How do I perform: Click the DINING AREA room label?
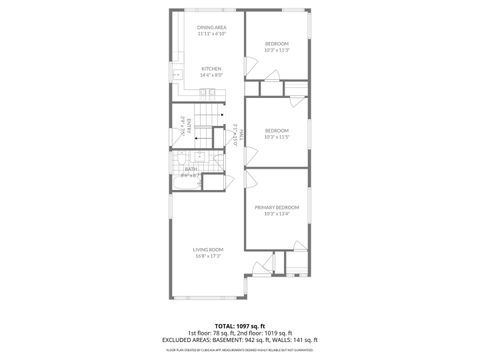click(x=211, y=27)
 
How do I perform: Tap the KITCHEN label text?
click(x=211, y=68)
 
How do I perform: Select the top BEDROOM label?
click(x=277, y=44)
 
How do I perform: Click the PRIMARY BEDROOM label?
click(x=277, y=207)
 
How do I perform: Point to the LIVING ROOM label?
click(x=208, y=249)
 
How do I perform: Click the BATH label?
click(x=190, y=169)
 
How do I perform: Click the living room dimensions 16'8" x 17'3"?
click(x=208, y=256)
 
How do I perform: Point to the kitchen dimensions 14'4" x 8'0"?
click(x=211, y=75)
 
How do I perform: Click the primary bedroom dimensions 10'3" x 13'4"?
click(x=277, y=214)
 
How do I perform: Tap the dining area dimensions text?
click(x=211, y=34)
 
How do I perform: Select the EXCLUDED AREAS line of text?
click(x=240, y=339)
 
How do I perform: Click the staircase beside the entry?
click(x=206, y=125)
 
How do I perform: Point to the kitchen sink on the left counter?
click(x=174, y=75)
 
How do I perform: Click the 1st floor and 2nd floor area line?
click(x=240, y=333)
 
